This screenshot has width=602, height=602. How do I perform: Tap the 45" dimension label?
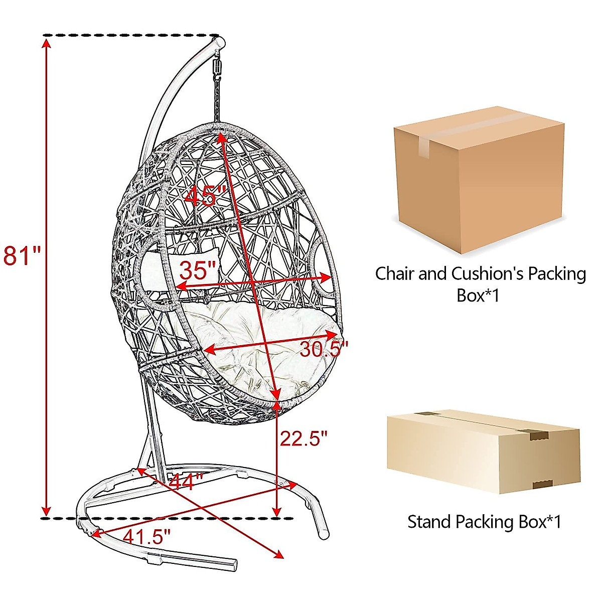click(x=206, y=196)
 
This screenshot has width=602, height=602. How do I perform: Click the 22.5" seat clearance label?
click(x=304, y=438)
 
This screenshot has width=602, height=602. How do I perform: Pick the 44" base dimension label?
click(x=186, y=483)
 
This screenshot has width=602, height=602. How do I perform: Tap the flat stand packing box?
click(x=483, y=451)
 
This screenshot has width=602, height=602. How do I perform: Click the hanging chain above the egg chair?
click(x=217, y=100)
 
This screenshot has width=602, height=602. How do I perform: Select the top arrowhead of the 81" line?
click(x=46, y=43)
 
